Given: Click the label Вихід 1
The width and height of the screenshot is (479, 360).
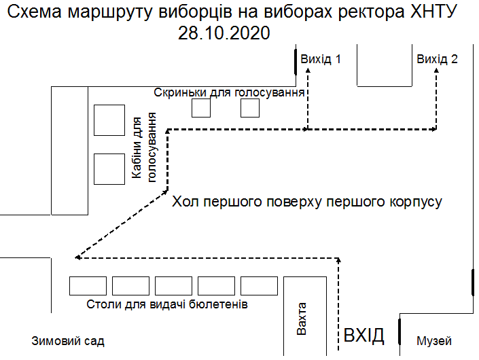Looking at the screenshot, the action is tap(321, 59).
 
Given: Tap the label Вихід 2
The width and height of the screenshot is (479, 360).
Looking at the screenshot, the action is tap(437, 59).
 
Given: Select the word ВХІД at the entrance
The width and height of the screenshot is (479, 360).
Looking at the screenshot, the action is tap(363, 336).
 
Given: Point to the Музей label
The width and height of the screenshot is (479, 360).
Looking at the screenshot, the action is tap(433, 341).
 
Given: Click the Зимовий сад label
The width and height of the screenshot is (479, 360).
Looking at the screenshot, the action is tap(68, 341).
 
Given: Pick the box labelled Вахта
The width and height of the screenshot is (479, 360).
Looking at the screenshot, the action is tap(305, 316).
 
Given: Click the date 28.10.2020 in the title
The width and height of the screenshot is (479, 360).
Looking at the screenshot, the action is tap(224, 33).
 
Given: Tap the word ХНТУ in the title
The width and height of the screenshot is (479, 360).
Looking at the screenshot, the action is tap(433, 12).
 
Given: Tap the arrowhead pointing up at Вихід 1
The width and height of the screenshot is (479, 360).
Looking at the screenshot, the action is tap(308, 71).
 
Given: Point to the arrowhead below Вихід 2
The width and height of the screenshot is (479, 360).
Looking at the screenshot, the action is tap(436, 71).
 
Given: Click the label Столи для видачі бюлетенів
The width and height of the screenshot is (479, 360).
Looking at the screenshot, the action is tap(167, 304).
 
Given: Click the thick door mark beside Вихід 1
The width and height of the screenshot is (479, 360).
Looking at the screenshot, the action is tap(296, 62).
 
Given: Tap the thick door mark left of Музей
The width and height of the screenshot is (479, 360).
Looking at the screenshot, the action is tap(400, 331).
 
